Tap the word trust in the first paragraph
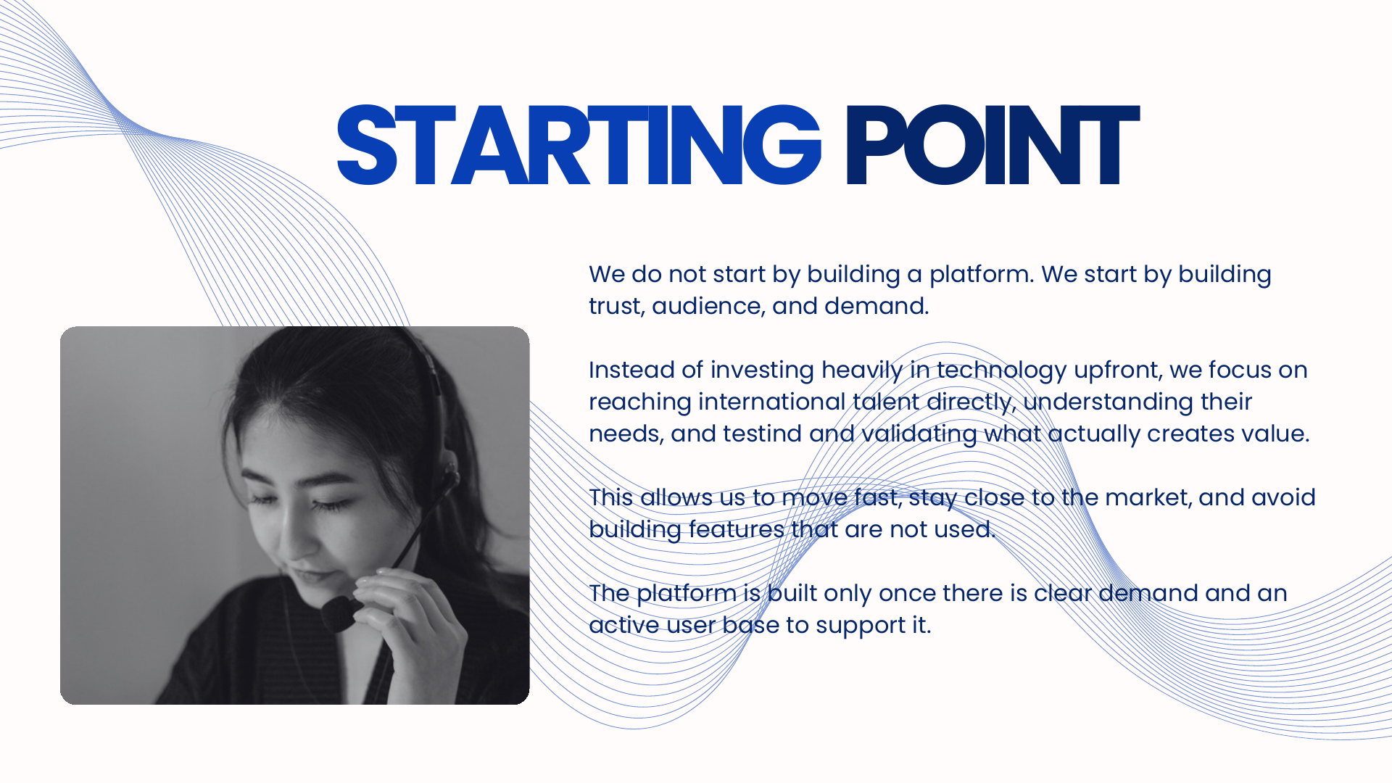click(x=616, y=306)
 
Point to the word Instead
click(x=631, y=370)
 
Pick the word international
click(x=772, y=402)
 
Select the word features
click(x=737, y=529)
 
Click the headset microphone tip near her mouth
click(x=339, y=614)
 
